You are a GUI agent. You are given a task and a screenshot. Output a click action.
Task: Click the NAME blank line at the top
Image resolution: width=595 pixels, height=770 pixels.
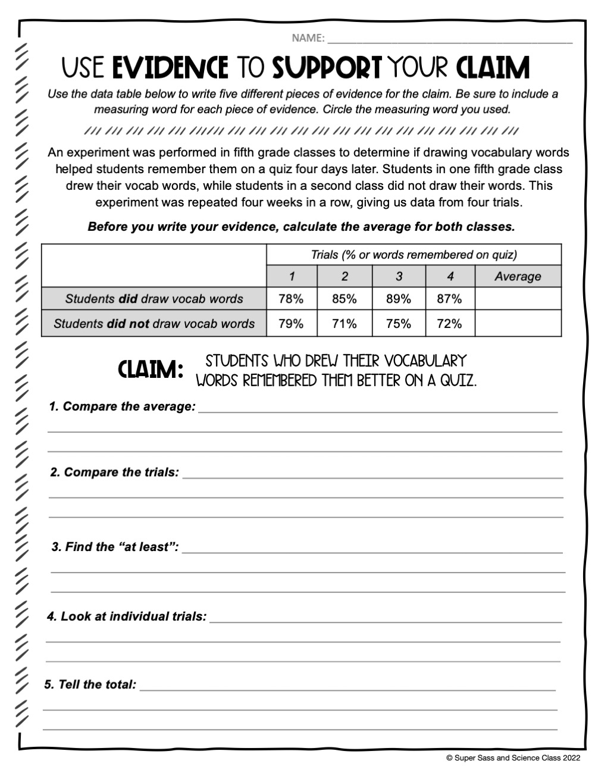point(450,40)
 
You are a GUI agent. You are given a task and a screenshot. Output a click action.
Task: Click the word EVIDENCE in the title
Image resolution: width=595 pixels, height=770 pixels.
point(170,68)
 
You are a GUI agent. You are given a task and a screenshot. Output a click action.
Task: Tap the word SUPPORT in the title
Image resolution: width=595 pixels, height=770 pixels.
point(327,68)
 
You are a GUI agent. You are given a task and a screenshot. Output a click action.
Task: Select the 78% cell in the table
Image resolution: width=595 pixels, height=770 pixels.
point(291,299)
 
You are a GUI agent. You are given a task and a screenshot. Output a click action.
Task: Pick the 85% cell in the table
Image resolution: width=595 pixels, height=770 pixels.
point(344,299)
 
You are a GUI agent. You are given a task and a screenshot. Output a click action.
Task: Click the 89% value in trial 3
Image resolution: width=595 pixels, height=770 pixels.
point(399,299)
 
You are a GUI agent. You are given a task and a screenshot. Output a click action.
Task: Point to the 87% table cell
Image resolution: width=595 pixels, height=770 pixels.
point(450,299)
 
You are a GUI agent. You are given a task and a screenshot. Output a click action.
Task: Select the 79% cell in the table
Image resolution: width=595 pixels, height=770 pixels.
point(291,324)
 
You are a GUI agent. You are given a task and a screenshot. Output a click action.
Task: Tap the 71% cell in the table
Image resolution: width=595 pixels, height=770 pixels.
point(344,324)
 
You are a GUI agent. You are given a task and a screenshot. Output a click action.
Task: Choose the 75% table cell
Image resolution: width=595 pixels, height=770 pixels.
point(399,324)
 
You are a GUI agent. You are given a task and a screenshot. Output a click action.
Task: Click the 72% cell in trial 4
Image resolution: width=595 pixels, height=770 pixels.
point(450,324)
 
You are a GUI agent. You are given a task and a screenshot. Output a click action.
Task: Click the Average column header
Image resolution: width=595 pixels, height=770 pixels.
point(518,277)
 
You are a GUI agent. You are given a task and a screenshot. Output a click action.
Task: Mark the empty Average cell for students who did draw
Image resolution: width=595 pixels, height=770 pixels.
point(518,299)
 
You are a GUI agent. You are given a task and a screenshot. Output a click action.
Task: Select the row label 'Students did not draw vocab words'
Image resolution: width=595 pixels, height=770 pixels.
point(154,324)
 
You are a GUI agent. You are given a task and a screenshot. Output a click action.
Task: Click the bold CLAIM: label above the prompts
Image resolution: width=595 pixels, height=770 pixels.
point(151,371)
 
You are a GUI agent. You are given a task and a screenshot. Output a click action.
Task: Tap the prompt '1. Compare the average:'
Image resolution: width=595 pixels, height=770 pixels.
point(122,406)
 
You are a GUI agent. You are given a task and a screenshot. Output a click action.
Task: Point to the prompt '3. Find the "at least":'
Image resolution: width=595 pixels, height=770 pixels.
point(115,547)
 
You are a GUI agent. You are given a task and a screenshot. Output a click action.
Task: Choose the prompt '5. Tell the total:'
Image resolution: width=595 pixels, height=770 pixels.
point(90,684)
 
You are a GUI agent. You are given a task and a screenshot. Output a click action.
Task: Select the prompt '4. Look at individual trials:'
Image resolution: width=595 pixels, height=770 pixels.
point(127,616)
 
